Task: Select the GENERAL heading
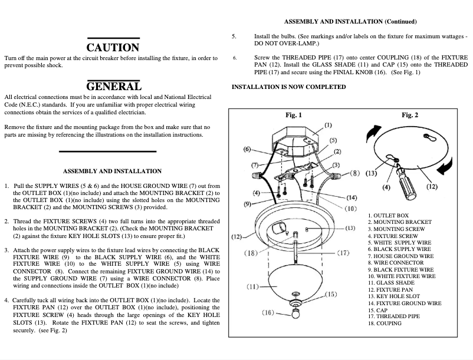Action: (114, 86)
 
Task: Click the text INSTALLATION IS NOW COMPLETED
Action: (288, 87)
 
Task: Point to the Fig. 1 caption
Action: (293, 115)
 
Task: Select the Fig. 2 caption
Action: (410, 115)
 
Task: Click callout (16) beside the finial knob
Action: (267, 312)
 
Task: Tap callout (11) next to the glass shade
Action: (254, 287)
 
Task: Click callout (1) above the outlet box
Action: (328, 125)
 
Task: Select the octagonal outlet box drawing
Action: (293, 140)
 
